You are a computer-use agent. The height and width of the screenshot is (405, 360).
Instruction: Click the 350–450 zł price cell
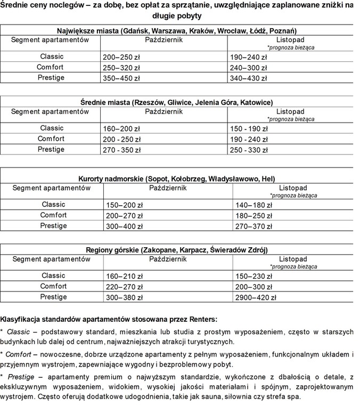[x=120, y=78]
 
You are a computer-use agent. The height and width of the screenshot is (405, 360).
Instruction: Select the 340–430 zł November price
[x=248, y=78]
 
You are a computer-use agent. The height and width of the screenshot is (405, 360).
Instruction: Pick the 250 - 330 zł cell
[x=249, y=150]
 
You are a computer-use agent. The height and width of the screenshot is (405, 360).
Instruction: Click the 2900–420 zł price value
[x=256, y=297]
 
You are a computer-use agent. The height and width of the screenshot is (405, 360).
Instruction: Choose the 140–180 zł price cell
[x=253, y=205]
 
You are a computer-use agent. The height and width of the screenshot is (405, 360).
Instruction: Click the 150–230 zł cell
[x=253, y=276]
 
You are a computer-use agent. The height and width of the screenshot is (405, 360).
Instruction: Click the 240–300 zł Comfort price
[x=248, y=68]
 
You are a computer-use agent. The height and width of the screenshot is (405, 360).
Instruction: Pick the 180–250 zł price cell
[x=253, y=215]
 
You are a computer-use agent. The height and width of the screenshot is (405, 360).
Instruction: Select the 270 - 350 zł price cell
[x=121, y=150]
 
